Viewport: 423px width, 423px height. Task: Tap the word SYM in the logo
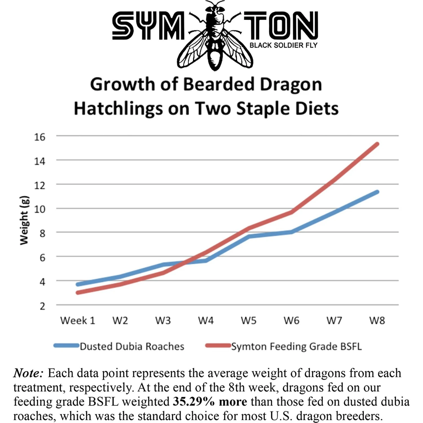(x=148, y=26)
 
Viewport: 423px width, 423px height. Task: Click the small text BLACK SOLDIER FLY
(x=283, y=45)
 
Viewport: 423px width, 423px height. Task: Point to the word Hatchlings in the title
(x=118, y=109)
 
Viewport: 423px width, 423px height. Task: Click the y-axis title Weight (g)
(x=24, y=220)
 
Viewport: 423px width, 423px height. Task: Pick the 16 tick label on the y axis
(x=40, y=137)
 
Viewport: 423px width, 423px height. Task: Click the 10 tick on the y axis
(x=40, y=209)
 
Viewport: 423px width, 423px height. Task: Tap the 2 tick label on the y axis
(x=42, y=306)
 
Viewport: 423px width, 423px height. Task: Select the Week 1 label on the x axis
(x=78, y=321)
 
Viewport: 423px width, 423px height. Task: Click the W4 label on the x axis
(x=206, y=321)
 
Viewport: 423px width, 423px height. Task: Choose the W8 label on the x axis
(x=377, y=321)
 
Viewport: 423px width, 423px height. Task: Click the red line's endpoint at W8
(x=377, y=144)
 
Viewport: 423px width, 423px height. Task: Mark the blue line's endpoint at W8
(x=377, y=192)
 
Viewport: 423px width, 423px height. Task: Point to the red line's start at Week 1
(x=78, y=293)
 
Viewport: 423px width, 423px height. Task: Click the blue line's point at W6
(x=291, y=232)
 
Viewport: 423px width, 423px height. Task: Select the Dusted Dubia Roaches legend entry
(x=132, y=346)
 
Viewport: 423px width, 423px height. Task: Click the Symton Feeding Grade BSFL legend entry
(x=296, y=346)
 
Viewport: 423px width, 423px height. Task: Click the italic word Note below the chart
(x=28, y=373)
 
